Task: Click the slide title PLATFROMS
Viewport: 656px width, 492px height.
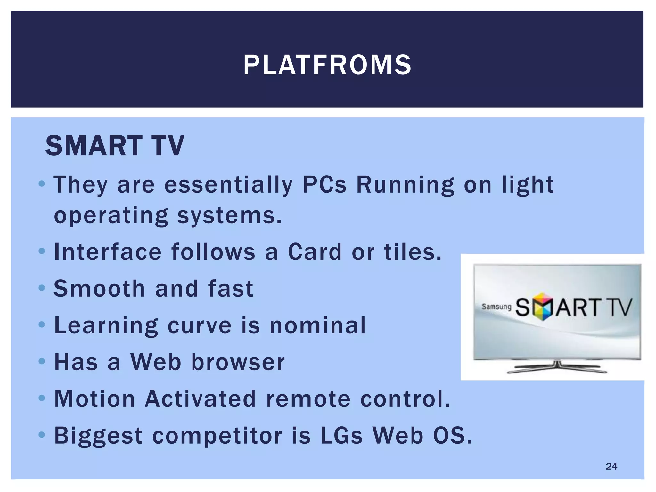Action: point(327,65)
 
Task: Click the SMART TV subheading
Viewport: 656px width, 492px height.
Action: point(115,146)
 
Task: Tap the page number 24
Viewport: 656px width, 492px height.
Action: point(611,466)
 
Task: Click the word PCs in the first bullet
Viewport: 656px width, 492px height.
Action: point(324,185)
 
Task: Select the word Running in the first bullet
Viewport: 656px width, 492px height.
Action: point(405,185)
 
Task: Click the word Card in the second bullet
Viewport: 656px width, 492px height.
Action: point(315,252)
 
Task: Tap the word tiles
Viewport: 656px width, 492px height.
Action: point(413,252)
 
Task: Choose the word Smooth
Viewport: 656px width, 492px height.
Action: point(99,289)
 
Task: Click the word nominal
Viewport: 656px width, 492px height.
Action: point(317,325)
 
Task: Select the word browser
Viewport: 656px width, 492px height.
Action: point(238,362)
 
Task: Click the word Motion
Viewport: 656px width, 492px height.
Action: point(95,399)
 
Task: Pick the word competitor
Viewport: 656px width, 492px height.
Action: point(217,436)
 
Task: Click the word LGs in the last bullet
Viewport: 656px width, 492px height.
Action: point(341,436)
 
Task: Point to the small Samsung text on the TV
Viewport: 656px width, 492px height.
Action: point(496,307)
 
